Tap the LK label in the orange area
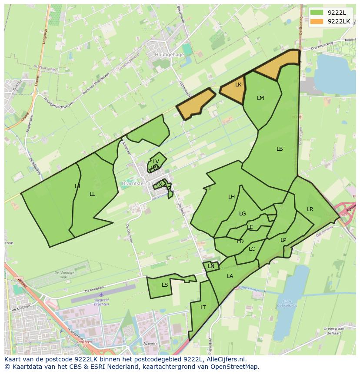tap(238, 85)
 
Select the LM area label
tap(260, 98)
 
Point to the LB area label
tap(280, 149)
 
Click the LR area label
tap(310, 209)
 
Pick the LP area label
tap(283, 240)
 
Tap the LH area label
tap(232, 197)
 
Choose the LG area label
tap(243, 214)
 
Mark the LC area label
tap(252, 249)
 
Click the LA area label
tap(230, 276)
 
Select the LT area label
tap(203, 308)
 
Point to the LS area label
tap(165, 285)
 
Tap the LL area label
tap(92, 194)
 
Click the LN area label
tap(211, 266)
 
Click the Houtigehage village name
tap(170, 55)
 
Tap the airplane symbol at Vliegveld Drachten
tap(101, 295)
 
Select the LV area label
tap(156, 162)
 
